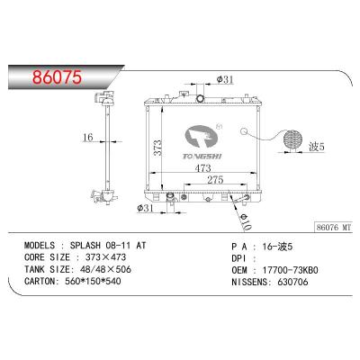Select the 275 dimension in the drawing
click(x=211, y=180)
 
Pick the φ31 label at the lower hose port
click(x=147, y=211)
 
